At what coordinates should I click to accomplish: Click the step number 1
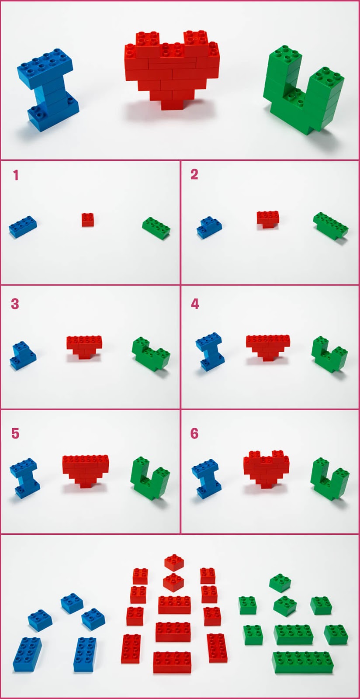pyautogui.click(x=16, y=175)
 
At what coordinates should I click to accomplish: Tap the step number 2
pyautogui.click(x=194, y=175)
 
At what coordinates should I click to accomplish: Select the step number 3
pyautogui.click(x=15, y=304)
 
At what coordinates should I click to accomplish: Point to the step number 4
pyautogui.click(x=195, y=304)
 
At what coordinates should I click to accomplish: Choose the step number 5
pyautogui.click(x=15, y=433)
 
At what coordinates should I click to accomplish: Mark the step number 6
pyautogui.click(x=194, y=433)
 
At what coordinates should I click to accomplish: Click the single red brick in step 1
pyautogui.click(x=88, y=219)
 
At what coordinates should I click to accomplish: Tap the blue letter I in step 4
pyautogui.click(x=209, y=352)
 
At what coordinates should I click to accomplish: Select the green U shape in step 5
pyautogui.click(x=150, y=479)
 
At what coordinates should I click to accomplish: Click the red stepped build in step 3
pyautogui.click(x=84, y=347)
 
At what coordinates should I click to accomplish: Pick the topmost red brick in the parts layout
pyautogui.click(x=174, y=563)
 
